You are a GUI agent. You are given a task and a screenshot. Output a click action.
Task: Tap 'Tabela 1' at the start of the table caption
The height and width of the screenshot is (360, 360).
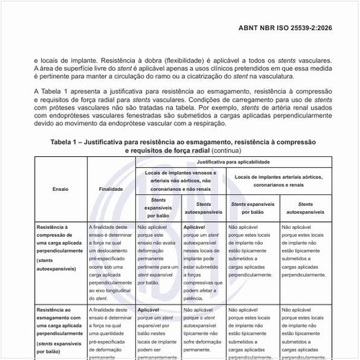point(68,143)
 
